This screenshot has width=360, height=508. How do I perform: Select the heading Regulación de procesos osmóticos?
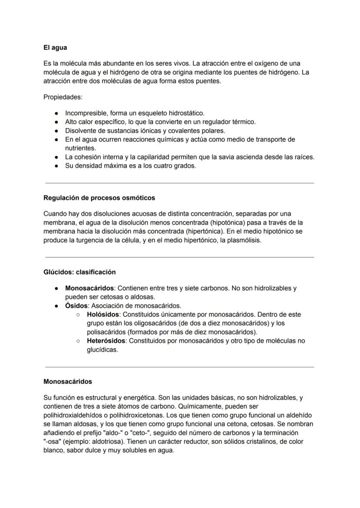click(99, 198)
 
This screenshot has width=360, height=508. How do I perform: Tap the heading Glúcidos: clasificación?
click(80, 272)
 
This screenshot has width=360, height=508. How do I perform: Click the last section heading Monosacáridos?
click(68, 382)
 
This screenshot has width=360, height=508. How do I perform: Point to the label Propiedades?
click(63, 97)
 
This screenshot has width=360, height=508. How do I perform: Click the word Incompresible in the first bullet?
click(85, 113)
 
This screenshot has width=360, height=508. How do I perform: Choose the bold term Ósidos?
click(77, 305)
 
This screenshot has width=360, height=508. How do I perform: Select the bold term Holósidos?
click(102, 314)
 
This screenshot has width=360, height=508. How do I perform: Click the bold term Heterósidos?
click(106, 341)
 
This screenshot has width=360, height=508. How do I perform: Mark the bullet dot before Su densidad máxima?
click(57, 166)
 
